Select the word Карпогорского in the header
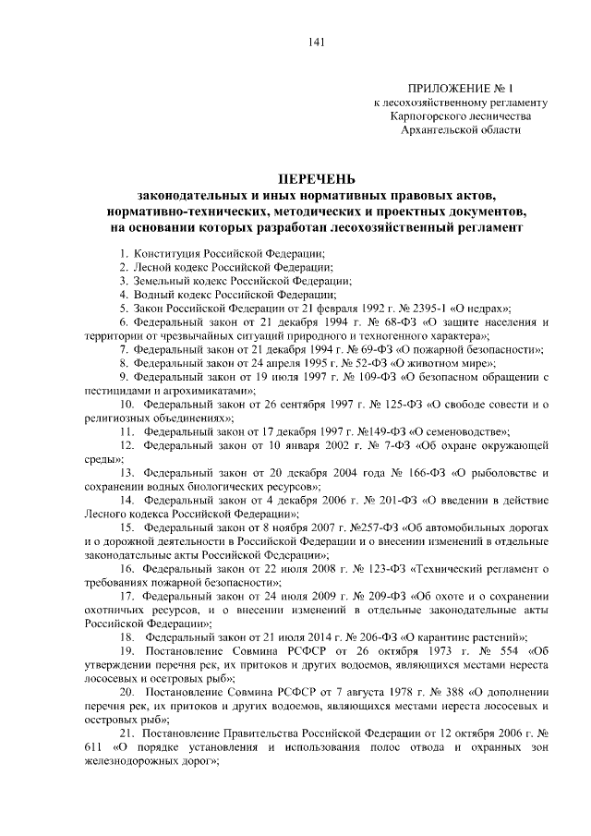click(431, 116)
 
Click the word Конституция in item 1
click(163, 252)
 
